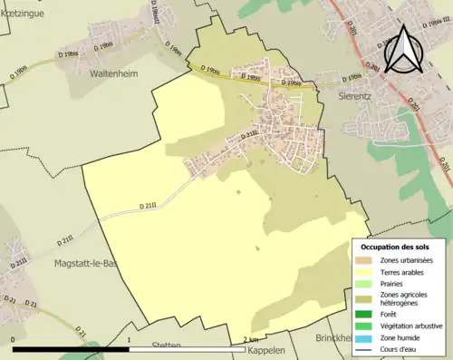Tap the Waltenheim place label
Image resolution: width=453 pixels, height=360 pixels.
113,75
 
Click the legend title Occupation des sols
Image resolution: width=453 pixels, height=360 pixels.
396,247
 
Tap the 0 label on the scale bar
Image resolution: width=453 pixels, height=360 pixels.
14,340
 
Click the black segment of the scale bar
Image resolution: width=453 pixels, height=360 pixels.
72,349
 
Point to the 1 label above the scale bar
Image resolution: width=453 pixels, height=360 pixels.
130,340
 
